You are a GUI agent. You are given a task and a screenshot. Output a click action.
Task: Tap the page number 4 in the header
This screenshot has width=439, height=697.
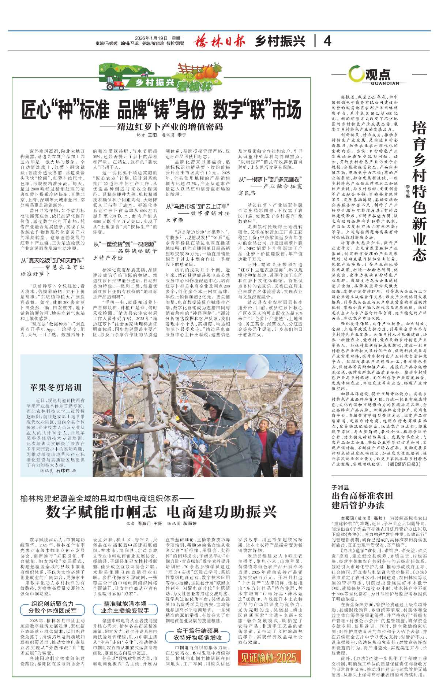(x=327, y=41)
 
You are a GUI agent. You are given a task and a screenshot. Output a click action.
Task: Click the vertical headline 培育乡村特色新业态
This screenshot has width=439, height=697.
(x=419, y=190)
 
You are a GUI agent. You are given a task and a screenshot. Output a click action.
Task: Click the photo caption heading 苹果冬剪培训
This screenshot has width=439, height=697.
(x=56, y=388)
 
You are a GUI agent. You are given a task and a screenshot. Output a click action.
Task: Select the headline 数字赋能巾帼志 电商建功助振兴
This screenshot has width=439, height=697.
(x=161, y=512)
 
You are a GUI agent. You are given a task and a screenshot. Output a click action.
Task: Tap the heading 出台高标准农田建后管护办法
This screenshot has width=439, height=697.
(x=362, y=501)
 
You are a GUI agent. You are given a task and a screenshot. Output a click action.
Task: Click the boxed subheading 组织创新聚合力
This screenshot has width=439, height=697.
(x=52, y=604)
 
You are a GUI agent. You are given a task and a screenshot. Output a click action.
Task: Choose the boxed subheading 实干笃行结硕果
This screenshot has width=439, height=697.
(x=198, y=631)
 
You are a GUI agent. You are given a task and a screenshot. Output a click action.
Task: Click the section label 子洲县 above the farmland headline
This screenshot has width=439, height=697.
(x=341, y=487)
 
